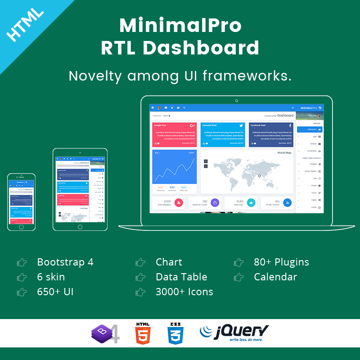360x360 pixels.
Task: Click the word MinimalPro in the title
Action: tap(180, 26)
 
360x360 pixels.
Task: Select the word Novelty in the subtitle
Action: tap(95, 76)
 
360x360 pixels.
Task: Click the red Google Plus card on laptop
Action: tap(174, 135)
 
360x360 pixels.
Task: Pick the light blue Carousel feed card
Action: tap(222, 135)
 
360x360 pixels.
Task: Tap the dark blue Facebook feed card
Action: tap(271, 135)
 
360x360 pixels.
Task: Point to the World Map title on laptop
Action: tap(284, 153)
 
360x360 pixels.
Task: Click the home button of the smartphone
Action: tap(21, 227)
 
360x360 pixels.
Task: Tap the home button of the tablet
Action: tap(80, 227)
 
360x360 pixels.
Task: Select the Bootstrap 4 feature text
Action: tap(65, 262)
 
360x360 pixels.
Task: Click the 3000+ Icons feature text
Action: tap(184, 292)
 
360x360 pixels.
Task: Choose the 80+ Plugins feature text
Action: tap(281, 262)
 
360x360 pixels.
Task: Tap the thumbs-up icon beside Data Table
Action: tap(140, 277)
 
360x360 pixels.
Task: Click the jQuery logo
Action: tap(234, 333)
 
